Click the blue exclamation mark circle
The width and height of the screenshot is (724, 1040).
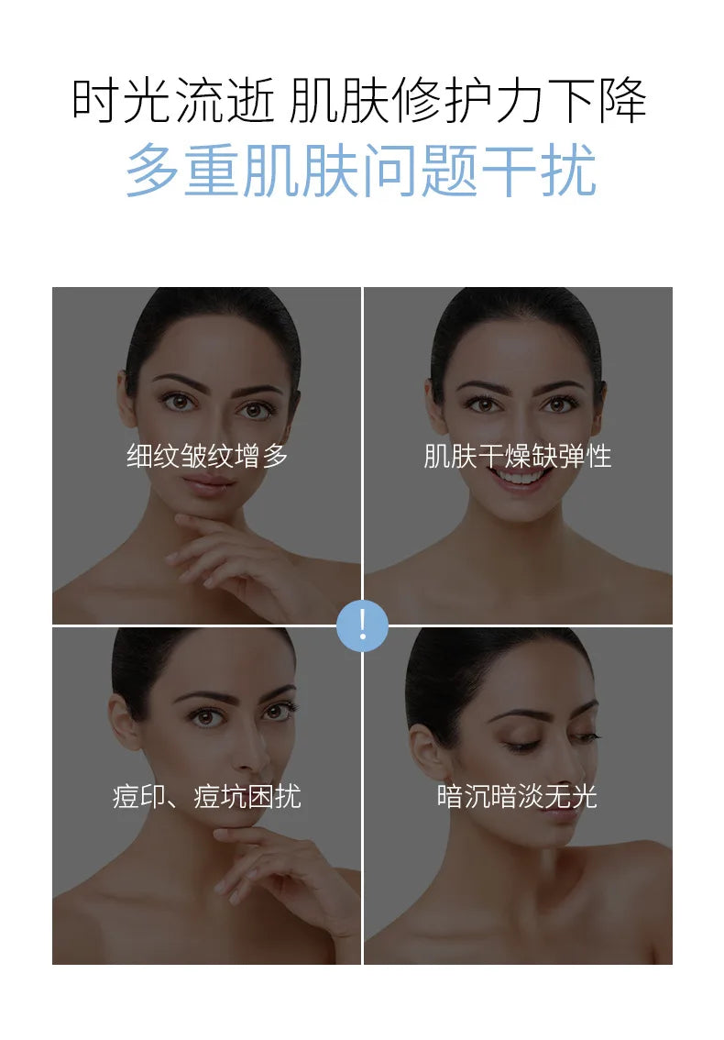pos(362,625)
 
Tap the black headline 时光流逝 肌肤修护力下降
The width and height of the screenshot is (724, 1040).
pos(358,101)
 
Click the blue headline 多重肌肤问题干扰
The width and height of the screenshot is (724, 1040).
pos(361,171)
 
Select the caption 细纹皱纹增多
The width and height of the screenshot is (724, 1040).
pos(207,457)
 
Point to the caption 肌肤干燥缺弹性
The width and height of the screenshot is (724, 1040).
pos(517,457)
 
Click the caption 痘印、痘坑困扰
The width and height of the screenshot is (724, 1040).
pos(207,797)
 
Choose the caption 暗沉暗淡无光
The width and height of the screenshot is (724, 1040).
pos(517,797)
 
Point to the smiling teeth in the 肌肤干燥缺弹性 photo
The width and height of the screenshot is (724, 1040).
pos(519,476)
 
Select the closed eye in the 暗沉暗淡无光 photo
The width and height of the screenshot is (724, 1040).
pos(521,744)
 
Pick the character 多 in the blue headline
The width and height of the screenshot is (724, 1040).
pos(152,171)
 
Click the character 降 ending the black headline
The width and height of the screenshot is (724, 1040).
pos(622,101)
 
